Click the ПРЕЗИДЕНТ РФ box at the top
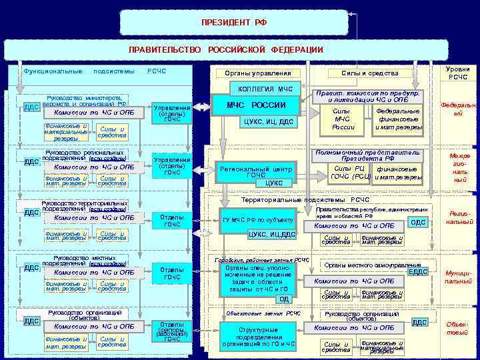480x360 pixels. [x=233, y=22]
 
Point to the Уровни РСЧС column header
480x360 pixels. [x=459, y=73]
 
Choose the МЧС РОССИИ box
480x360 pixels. [x=260, y=105]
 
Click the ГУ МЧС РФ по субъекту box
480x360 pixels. [x=257, y=219]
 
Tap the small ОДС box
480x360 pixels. [x=419, y=223]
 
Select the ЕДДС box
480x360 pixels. [x=418, y=271]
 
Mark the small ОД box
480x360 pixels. [x=284, y=299]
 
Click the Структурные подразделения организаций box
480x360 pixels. [x=257, y=336]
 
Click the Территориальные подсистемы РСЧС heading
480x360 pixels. [x=305, y=199]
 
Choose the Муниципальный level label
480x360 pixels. [x=458, y=277]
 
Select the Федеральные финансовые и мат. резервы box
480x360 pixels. [x=398, y=119]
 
